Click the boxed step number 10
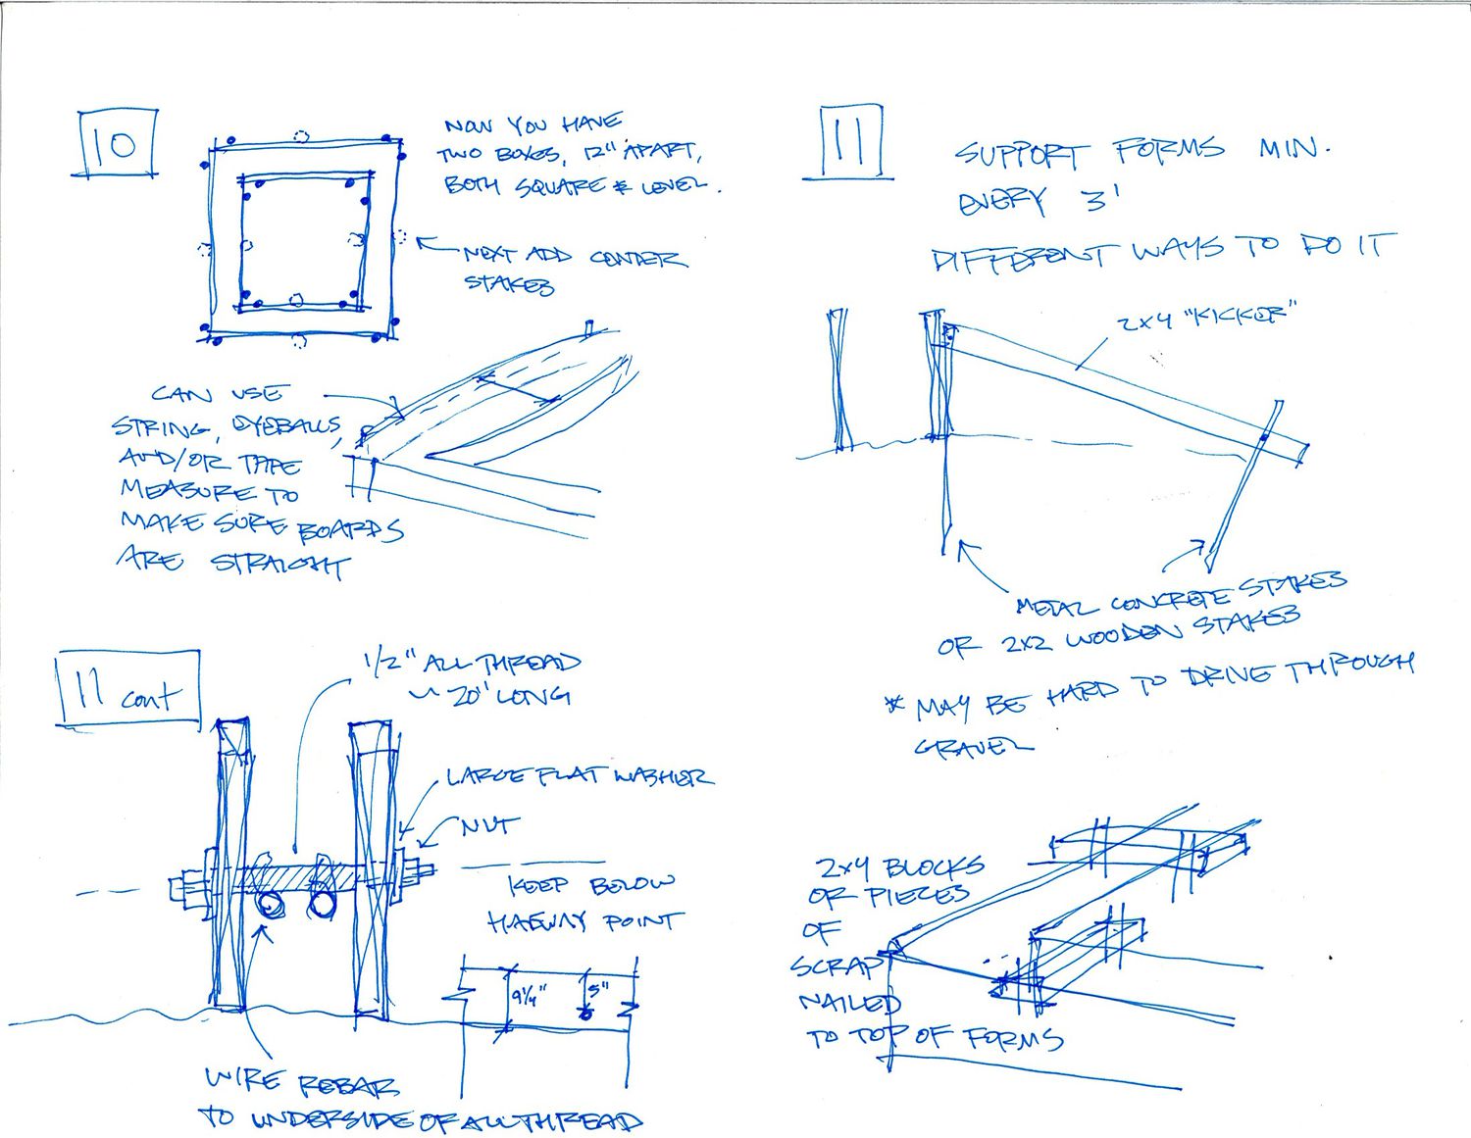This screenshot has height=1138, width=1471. (x=117, y=145)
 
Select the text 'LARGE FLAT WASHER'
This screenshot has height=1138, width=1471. (x=579, y=777)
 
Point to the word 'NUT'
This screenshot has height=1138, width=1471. (x=484, y=826)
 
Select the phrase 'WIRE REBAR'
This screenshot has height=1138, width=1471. (x=301, y=1083)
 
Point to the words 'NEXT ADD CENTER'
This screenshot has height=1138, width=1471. (x=574, y=257)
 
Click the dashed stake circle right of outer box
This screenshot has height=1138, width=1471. (x=400, y=237)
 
